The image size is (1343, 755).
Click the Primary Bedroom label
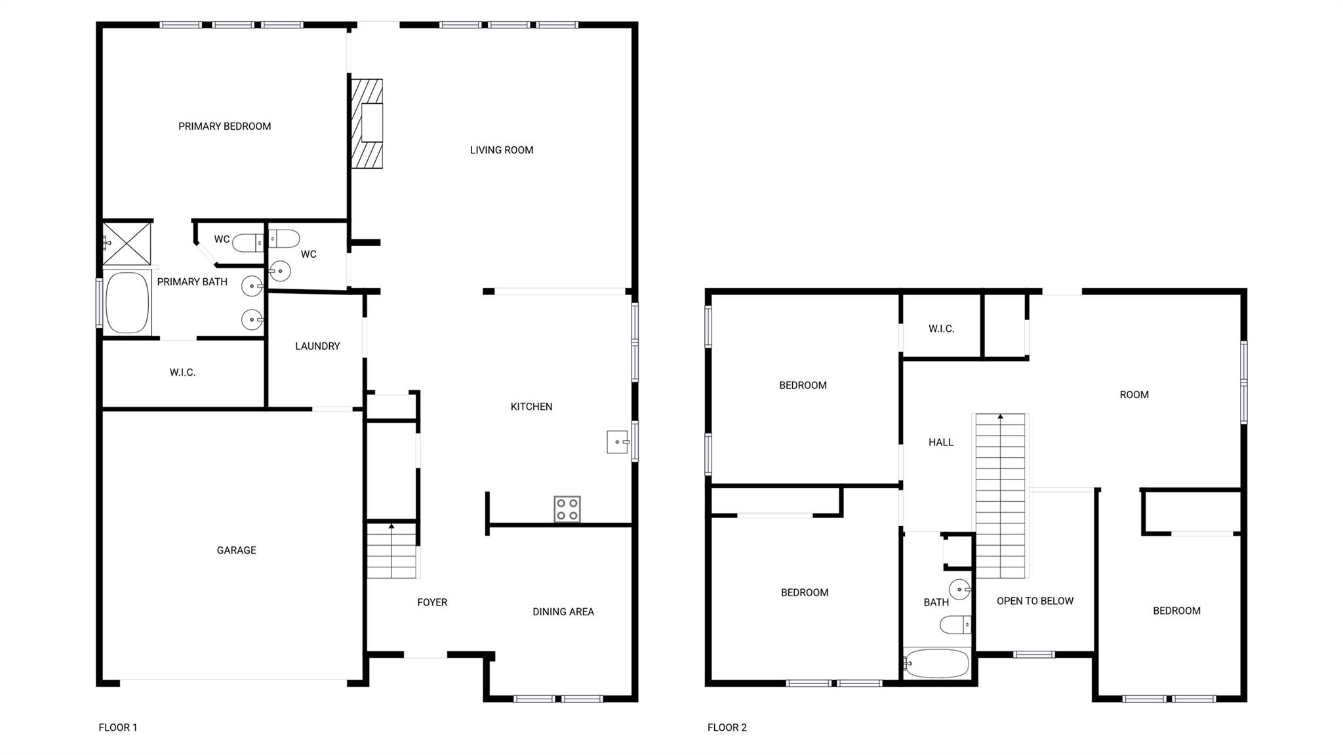point(224,126)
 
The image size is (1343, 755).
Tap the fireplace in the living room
point(367,124)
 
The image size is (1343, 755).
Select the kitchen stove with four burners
point(567,509)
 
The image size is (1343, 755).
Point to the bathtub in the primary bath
point(127,302)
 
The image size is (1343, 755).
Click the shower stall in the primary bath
point(127,243)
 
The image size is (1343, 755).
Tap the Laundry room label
point(317,346)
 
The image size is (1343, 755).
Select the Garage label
point(236,550)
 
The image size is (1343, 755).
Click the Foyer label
point(432,602)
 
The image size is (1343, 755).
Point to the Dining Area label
point(563,611)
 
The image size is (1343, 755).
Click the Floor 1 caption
point(118,727)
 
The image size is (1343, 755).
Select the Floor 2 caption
point(727,727)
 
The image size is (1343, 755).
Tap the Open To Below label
point(1035,600)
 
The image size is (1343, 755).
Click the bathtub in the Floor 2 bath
point(936,663)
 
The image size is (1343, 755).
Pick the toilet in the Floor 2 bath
point(955,624)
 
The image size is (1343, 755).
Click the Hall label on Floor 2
point(940,442)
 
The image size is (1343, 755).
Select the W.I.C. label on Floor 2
point(941,329)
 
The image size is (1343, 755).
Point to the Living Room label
point(501,150)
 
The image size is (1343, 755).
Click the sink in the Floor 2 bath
point(959,589)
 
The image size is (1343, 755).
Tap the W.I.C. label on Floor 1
point(182,372)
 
